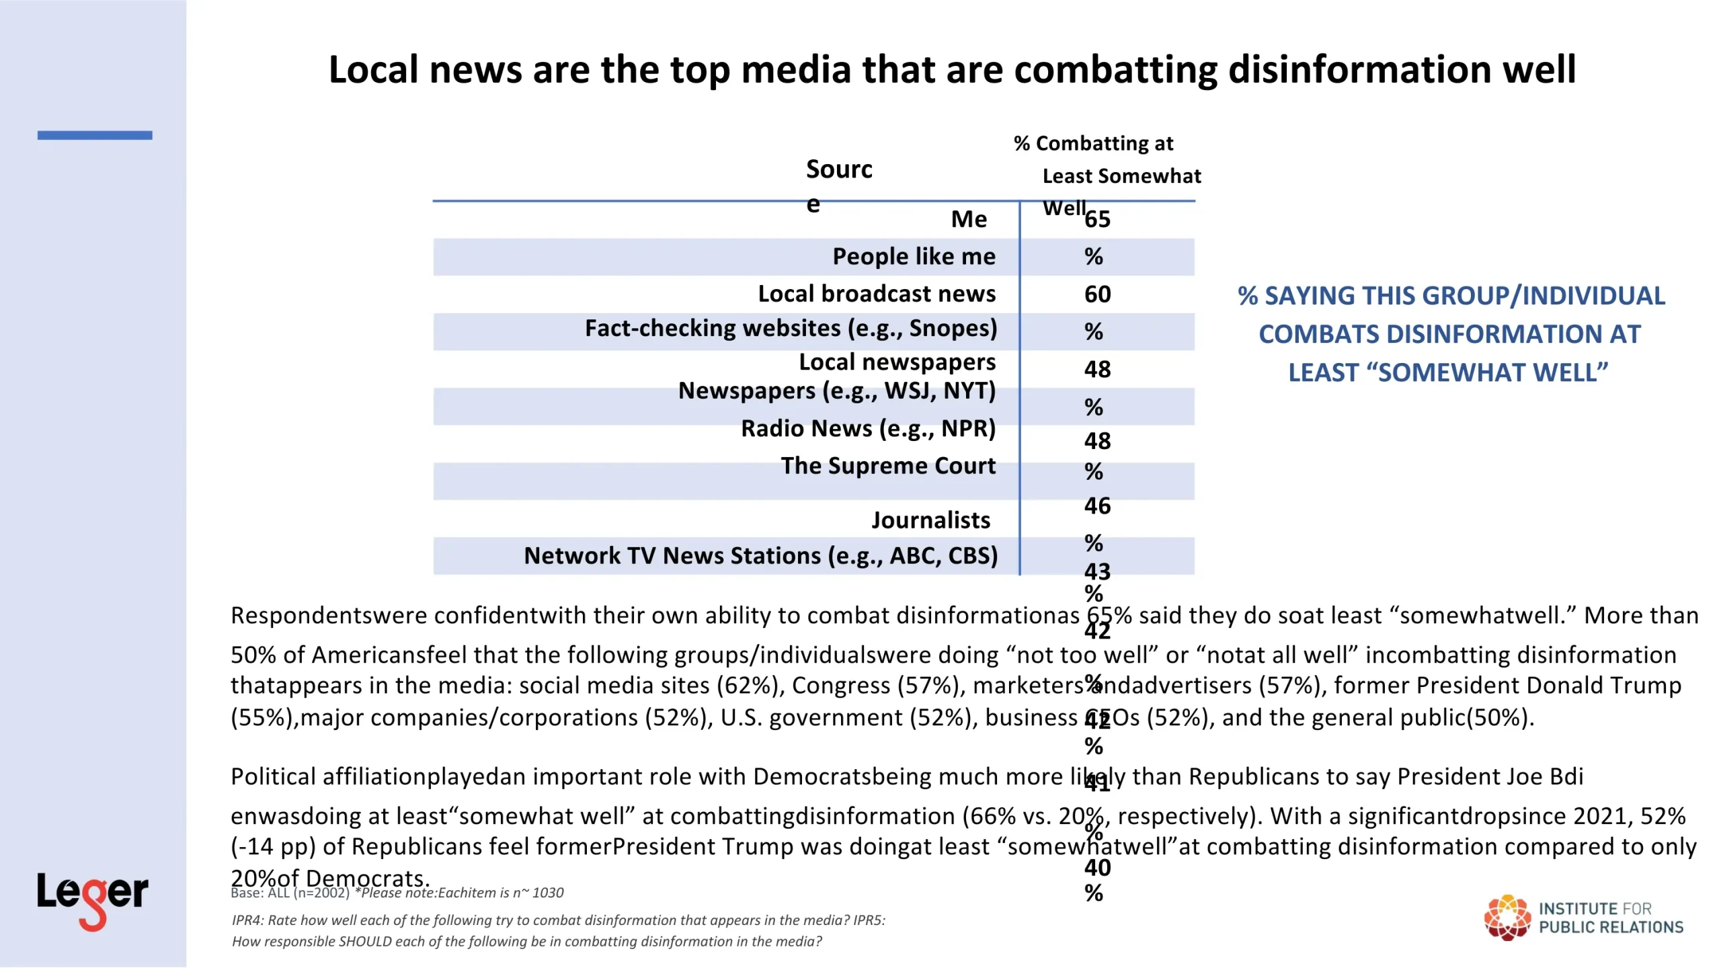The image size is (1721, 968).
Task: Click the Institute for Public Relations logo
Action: click(x=1583, y=918)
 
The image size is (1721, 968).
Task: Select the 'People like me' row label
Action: click(x=914, y=257)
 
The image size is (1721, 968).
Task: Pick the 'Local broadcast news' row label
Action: click(x=877, y=294)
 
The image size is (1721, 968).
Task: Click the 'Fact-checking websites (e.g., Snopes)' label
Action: click(x=791, y=329)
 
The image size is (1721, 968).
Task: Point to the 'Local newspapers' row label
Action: click(x=897, y=362)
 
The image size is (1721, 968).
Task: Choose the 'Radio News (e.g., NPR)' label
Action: click(x=868, y=429)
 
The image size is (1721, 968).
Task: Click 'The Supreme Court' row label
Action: click(x=887, y=466)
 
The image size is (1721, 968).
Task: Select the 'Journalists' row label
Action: click(x=930, y=520)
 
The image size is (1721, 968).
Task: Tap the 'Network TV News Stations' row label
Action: click(x=760, y=556)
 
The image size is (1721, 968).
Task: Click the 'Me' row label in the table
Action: click(x=969, y=219)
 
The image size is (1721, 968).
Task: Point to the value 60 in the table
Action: click(x=1097, y=294)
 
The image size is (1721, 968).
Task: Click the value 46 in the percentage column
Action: click(x=1097, y=506)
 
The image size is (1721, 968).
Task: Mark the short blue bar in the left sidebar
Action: click(x=95, y=135)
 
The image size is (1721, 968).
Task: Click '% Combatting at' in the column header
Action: click(x=1093, y=144)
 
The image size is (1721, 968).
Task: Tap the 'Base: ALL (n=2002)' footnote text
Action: click(x=290, y=893)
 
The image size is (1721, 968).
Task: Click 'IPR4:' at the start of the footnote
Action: click(x=247, y=920)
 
